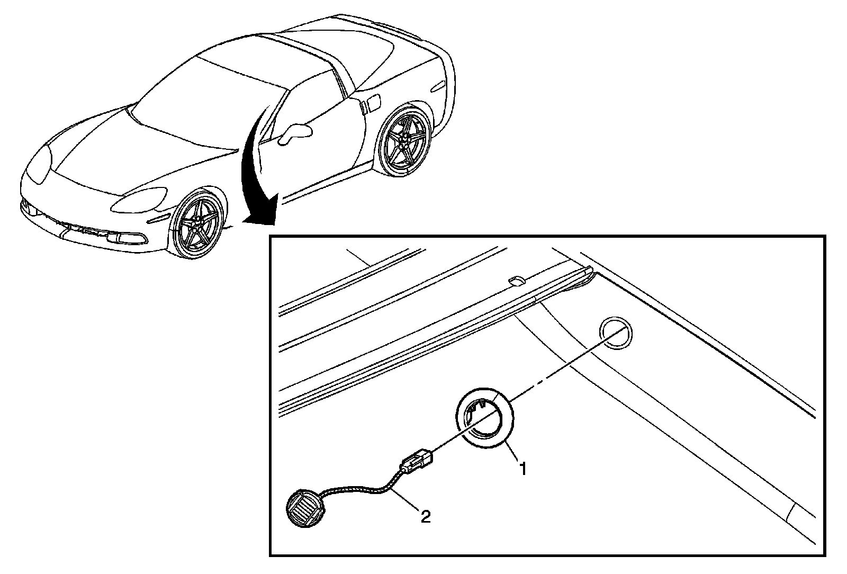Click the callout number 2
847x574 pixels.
click(x=425, y=516)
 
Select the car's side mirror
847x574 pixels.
click(x=293, y=132)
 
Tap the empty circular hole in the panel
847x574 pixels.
click(x=615, y=334)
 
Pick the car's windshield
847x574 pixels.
click(x=212, y=101)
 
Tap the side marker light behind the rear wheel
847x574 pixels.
click(x=439, y=85)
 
